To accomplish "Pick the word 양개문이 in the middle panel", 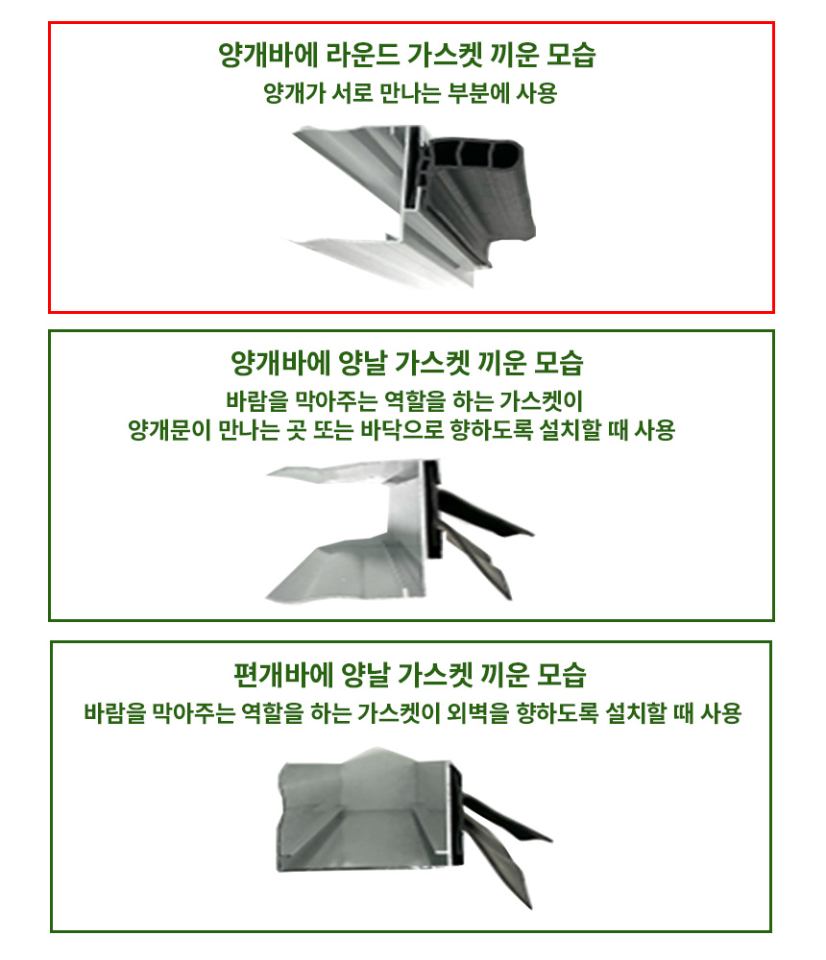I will click(x=164, y=430).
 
